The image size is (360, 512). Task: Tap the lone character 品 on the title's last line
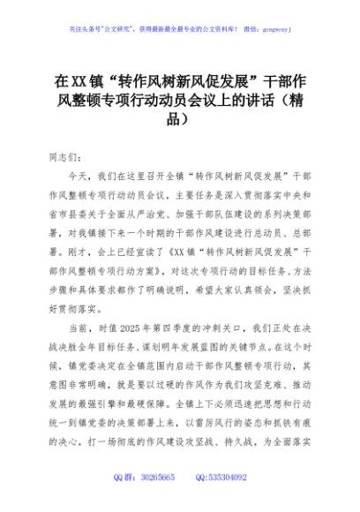coord(179,117)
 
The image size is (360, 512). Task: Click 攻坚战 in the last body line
coord(217,441)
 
